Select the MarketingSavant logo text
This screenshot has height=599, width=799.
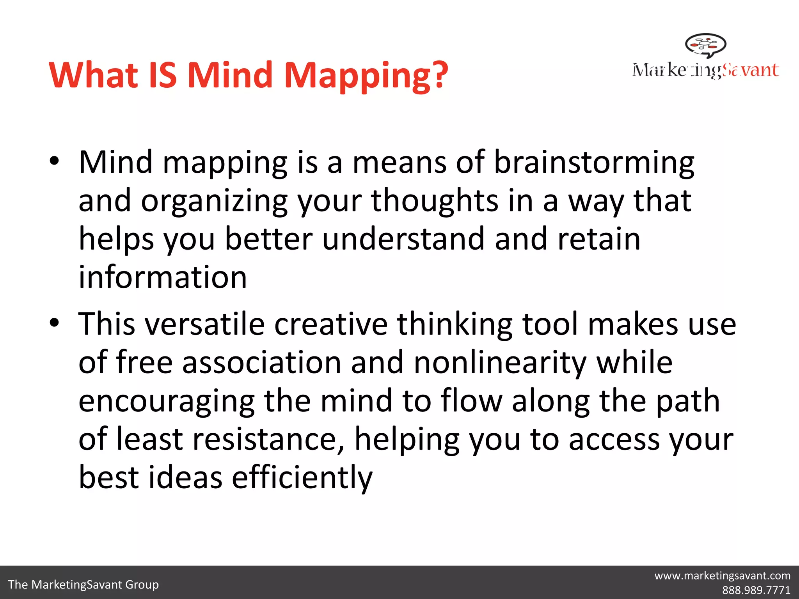[705, 70]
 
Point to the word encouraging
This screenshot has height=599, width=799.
[167, 402]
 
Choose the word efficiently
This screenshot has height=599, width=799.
[302, 477]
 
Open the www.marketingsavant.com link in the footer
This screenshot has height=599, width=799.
[722, 576]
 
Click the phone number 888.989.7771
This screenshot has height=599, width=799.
[756, 590]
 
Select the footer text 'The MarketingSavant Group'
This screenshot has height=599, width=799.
[83, 585]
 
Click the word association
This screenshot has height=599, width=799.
[261, 363]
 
